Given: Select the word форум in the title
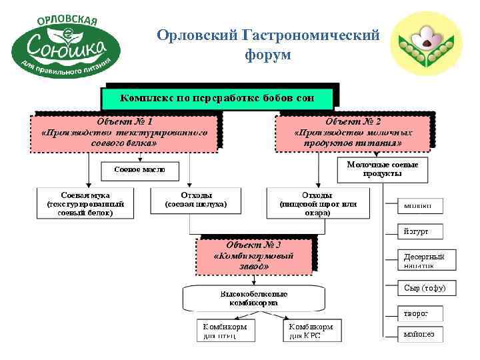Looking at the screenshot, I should click(268, 55).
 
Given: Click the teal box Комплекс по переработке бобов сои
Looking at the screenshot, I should click(217, 98).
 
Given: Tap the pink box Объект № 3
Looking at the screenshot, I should click(253, 255).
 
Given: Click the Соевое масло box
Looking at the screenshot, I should click(139, 170).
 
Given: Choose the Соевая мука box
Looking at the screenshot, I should click(85, 202).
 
